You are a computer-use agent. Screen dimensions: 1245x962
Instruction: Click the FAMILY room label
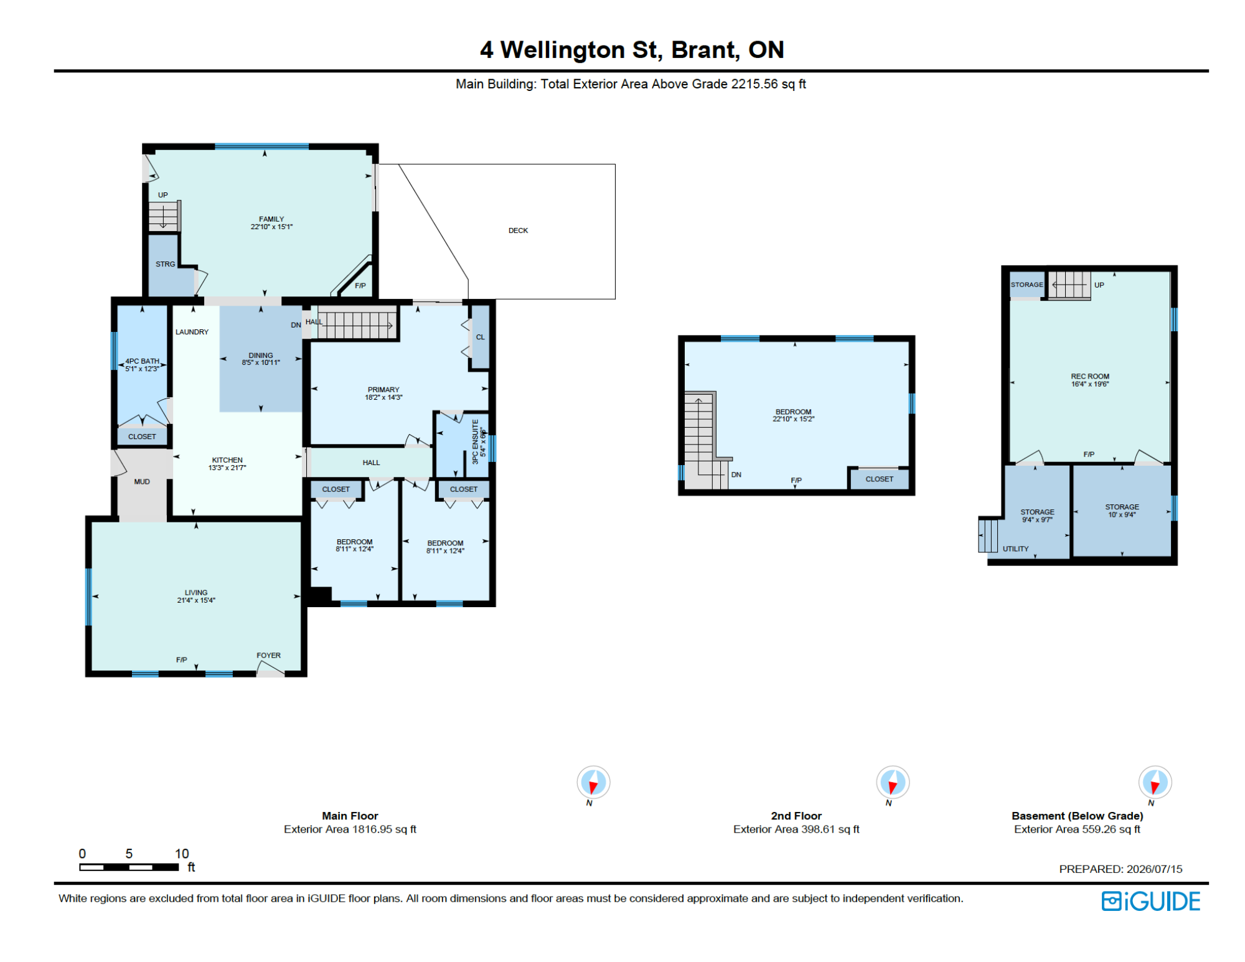(x=271, y=219)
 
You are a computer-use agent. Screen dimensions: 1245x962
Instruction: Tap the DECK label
(x=518, y=230)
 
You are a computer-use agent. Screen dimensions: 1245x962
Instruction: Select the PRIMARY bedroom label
(x=383, y=390)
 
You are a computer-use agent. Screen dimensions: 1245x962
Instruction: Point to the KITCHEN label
(x=227, y=460)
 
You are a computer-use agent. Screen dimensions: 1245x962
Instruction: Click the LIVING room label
(x=196, y=593)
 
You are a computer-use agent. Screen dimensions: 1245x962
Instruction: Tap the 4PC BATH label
(x=143, y=361)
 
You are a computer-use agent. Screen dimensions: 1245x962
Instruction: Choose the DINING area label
(x=261, y=356)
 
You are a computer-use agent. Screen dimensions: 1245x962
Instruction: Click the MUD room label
(x=142, y=481)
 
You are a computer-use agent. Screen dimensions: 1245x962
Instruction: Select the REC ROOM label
(x=1090, y=376)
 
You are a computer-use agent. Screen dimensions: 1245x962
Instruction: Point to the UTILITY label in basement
(x=1015, y=549)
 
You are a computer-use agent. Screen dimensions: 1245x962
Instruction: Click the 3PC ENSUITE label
(x=475, y=441)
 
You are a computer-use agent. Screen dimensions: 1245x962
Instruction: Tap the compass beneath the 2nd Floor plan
(x=893, y=782)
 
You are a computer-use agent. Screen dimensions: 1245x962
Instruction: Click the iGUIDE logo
(x=1151, y=901)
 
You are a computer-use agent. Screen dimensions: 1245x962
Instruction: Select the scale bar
(x=129, y=867)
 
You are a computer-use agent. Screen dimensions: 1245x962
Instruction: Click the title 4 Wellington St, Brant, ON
(x=632, y=50)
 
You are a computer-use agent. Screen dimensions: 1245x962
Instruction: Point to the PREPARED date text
(x=1120, y=869)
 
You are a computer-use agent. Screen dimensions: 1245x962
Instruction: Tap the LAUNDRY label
(x=192, y=332)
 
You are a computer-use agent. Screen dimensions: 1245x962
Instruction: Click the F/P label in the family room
(x=360, y=286)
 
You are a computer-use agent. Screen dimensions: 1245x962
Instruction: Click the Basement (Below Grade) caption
(x=1078, y=816)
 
